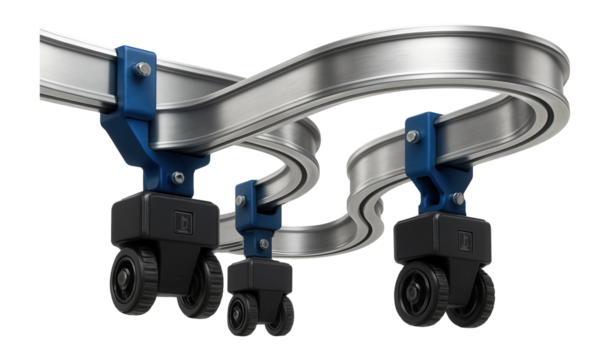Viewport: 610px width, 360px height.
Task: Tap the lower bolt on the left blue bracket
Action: pyautogui.click(x=177, y=178)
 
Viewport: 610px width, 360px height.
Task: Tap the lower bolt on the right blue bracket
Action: pyautogui.click(x=458, y=199)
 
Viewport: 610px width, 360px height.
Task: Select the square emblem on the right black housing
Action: pyautogui.click(x=465, y=239)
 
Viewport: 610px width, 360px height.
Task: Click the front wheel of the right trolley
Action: pyautogui.click(x=418, y=292)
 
